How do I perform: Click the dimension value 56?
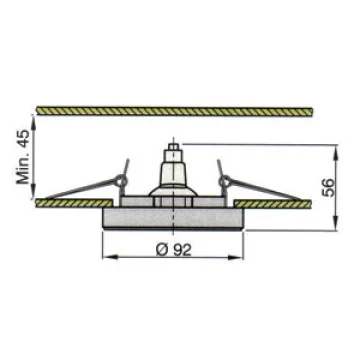pos(328,188)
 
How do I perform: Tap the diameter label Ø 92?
pos(174,250)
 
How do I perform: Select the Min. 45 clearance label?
pos(24,157)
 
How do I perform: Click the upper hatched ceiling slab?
pos(174,111)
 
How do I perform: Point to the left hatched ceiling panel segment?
pos(74,203)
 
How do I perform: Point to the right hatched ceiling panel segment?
pos(273,203)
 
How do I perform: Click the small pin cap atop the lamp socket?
pos(174,146)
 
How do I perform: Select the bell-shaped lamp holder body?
pos(173,173)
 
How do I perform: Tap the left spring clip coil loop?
pos(120,181)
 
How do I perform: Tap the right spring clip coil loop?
pos(225,181)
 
